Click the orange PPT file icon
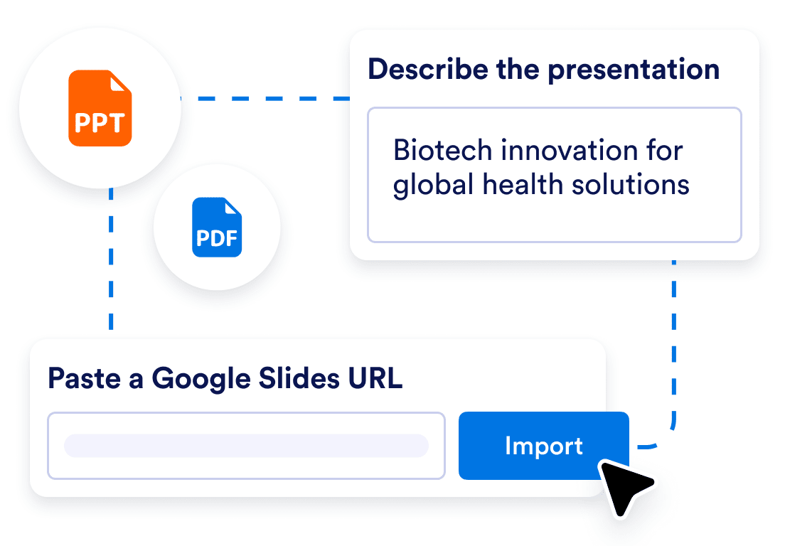[x=100, y=108]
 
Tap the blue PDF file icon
[x=217, y=227]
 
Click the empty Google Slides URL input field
[x=246, y=446]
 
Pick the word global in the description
[x=433, y=185]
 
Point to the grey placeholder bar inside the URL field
[x=246, y=446]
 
